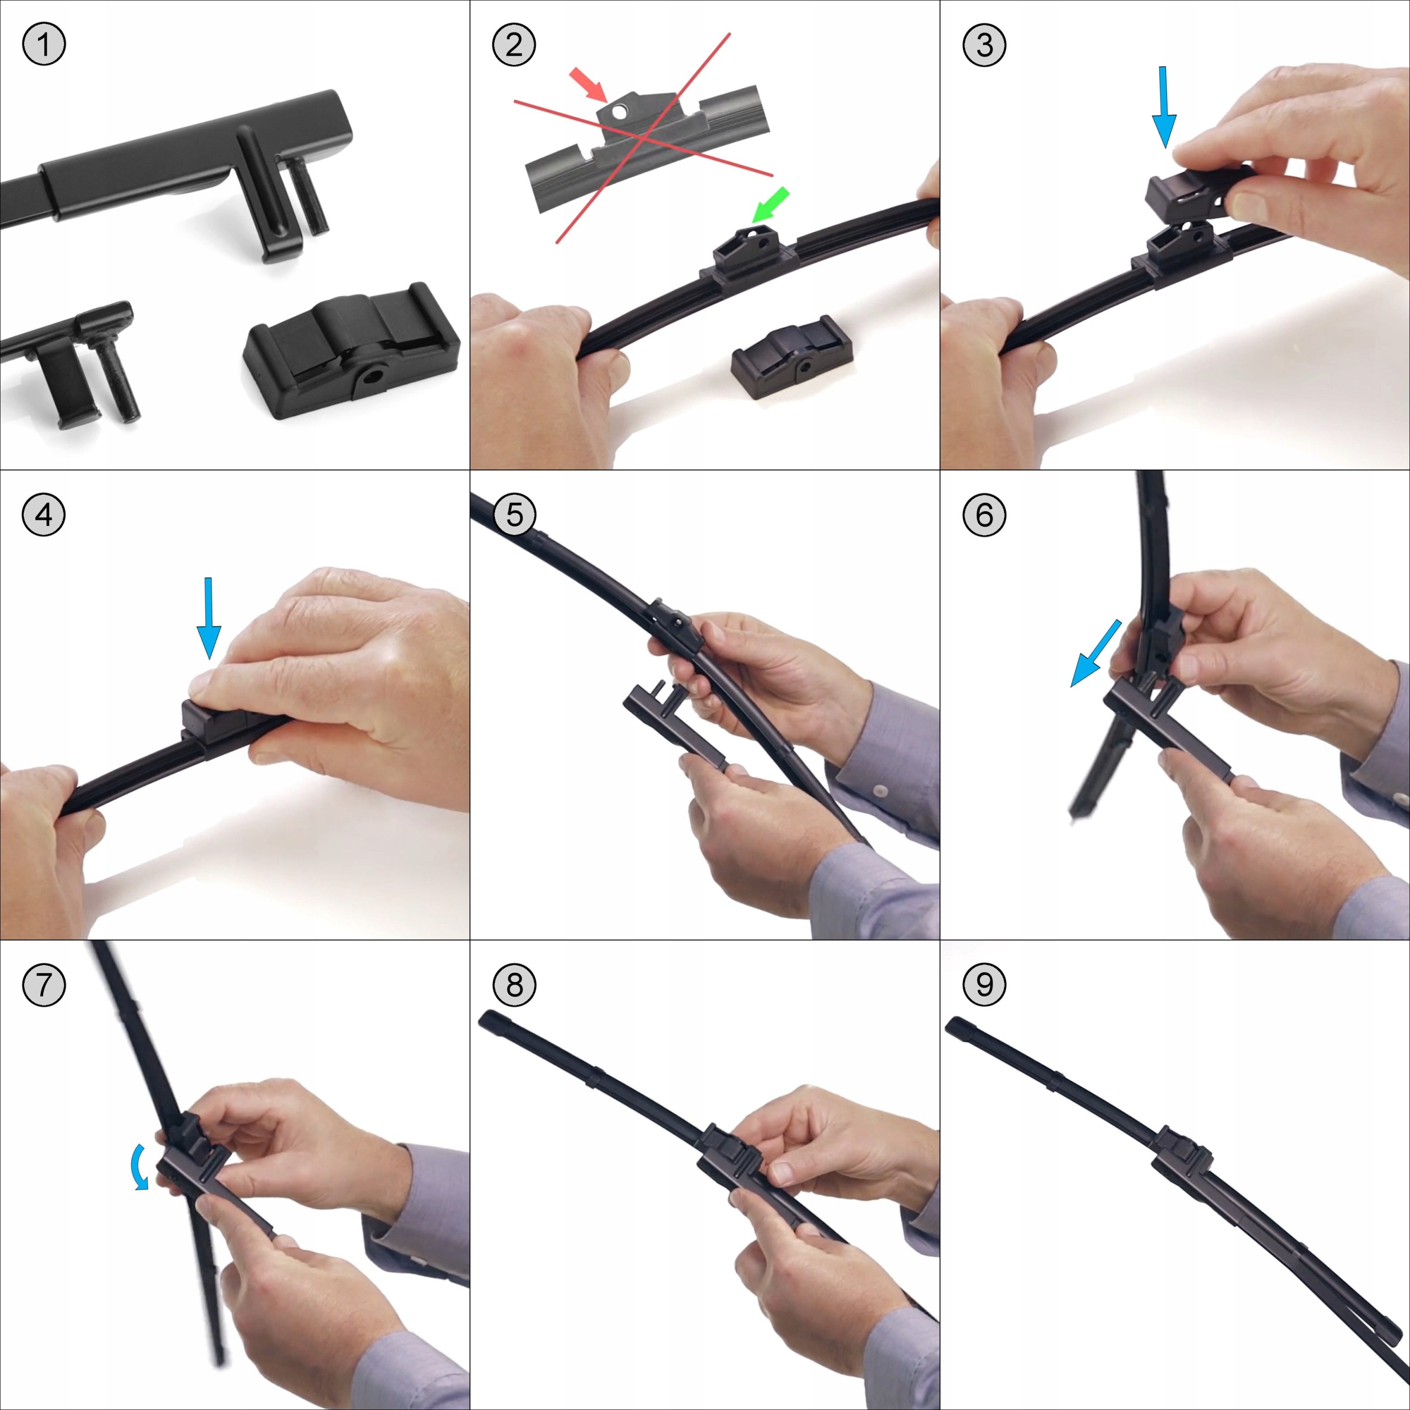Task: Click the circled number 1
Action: coord(44,45)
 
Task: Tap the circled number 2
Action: coord(514,45)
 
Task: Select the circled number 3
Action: coord(984,45)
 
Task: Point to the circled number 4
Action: coord(44,514)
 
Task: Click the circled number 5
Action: coord(514,514)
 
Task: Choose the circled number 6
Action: coord(984,514)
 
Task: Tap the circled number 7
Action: coord(44,984)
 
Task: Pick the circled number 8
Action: coord(514,984)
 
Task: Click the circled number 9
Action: coord(984,984)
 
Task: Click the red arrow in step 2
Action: coord(588,84)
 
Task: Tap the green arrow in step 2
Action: coord(770,205)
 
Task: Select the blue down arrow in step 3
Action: coord(1163,107)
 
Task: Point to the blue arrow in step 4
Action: coord(209,618)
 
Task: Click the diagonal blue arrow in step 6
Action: coord(1096,653)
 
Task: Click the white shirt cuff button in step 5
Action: coord(882,791)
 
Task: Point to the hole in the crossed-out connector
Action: coord(620,112)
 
